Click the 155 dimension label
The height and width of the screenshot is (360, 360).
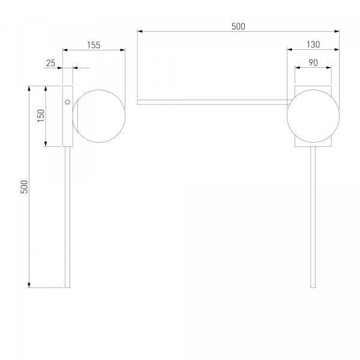[x=94, y=45]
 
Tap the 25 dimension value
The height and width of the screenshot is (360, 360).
[x=51, y=63]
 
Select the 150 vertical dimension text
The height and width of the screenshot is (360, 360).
[x=41, y=116]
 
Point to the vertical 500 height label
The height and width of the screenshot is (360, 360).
[x=24, y=187]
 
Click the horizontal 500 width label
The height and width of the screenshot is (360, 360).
[x=238, y=26]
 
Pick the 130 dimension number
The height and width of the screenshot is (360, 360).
[x=313, y=44]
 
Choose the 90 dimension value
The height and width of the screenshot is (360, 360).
[x=313, y=62]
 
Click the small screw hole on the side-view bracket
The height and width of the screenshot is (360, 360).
[x=67, y=102]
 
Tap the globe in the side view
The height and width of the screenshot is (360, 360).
[x=99, y=116]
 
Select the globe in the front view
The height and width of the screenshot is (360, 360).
[x=313, y=116]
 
